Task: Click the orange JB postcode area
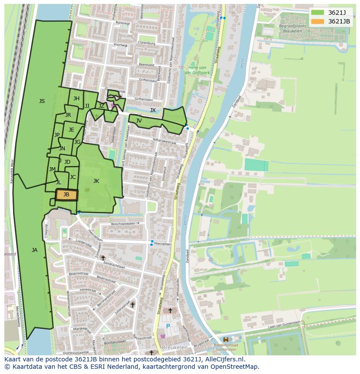(x=67, y=195)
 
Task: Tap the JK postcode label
(x=96, y=181)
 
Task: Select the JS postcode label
(x=42, y=101)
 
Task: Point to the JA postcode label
(x=34, y=250)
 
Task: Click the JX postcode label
(x=153, y=110)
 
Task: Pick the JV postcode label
(x=139, y=121)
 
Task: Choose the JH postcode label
(x=77, y=99)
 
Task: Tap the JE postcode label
(x=71, y=130)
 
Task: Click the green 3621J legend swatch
(x=317, y=13)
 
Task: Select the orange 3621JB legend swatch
(x=317, y=21)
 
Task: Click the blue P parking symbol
(x=168, y=326)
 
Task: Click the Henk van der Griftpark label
(x=197, y=70)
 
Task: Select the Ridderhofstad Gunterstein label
(x=226, y=347)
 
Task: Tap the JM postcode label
(x=52, y=169)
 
